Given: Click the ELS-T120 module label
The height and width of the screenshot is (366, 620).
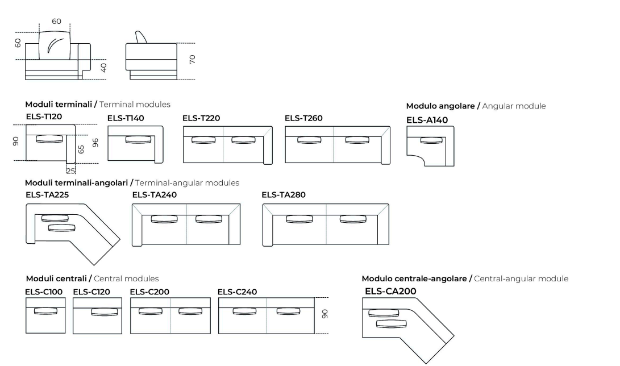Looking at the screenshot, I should [x=44, y=117].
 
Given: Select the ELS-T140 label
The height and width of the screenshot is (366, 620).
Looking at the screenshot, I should [x=126, y=118].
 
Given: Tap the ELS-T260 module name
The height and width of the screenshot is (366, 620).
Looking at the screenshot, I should [x=303, y=118].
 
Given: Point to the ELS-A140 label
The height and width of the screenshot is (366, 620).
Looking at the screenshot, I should [x=427, y=120].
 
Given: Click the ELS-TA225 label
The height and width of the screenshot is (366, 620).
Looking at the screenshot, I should [x=47, y=194].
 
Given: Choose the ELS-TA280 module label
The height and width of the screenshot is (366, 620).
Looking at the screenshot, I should [x=284, y=194].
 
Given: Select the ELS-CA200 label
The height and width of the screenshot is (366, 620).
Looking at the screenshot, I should [x=390, y=291].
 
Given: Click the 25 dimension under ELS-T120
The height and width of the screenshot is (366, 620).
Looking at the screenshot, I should [x=70, y=170].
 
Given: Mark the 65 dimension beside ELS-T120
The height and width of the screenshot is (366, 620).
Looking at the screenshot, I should [x=81, y=149].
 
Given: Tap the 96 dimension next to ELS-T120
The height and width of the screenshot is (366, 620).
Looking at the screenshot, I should [x=97, y=143].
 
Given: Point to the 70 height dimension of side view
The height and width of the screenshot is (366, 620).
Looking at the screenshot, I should [x=192, y=59].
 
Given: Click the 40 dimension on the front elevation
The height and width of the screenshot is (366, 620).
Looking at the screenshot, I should [x=105, y=67].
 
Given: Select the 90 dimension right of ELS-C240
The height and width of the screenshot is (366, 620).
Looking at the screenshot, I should [x=324, y=313].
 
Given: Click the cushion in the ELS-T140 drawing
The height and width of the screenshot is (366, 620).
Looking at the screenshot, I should [x=134, y=139].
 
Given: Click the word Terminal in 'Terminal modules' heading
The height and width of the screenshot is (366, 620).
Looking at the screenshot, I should [x=115, y=105].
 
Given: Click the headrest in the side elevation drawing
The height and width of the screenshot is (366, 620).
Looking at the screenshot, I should [x=140, y=38].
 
